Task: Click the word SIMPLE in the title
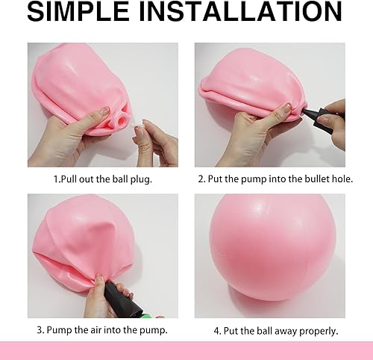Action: (x=78, y=11)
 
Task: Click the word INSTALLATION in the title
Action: (x=240, y=11)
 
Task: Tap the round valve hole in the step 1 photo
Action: (x=122, y=120)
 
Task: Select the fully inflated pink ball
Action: (x=272, y=247)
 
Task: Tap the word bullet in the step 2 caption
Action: (x=315, y=179)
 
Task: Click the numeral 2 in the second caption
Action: (x=201, y=179)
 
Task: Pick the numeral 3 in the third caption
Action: (x=40, y=330)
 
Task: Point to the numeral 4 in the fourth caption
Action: (x=217, y=331)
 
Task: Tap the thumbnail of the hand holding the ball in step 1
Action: (x=105, y=110)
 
